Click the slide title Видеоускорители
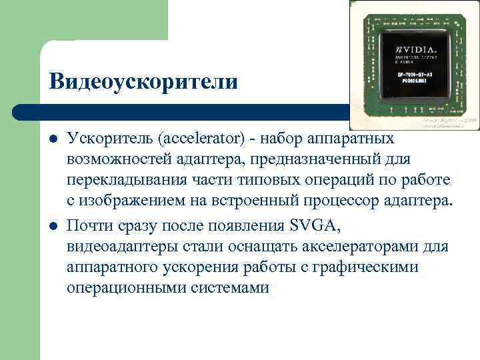click(x=143, y=81)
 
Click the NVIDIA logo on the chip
click(x=417, y=50)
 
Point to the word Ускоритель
click(x=108, y=138)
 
